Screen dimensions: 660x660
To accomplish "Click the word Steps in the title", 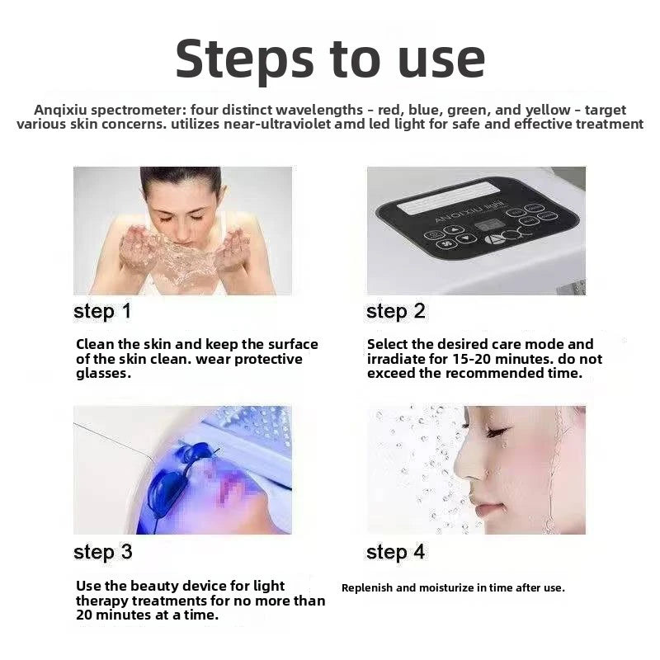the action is [244, 59].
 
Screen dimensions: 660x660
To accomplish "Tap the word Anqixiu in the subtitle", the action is [60, 110].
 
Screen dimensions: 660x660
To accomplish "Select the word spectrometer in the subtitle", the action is [138, 111].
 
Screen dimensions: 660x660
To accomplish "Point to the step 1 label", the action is [102, 313].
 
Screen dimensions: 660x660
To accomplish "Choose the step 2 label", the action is [396, 313].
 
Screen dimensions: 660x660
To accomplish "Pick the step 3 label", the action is [102, 553].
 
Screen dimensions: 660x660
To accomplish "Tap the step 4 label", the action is [396, 553].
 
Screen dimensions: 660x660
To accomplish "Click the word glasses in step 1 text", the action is [104, 374].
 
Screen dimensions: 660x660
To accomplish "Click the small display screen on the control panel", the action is [488, 225].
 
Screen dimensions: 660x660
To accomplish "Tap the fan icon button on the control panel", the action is [446, 243].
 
